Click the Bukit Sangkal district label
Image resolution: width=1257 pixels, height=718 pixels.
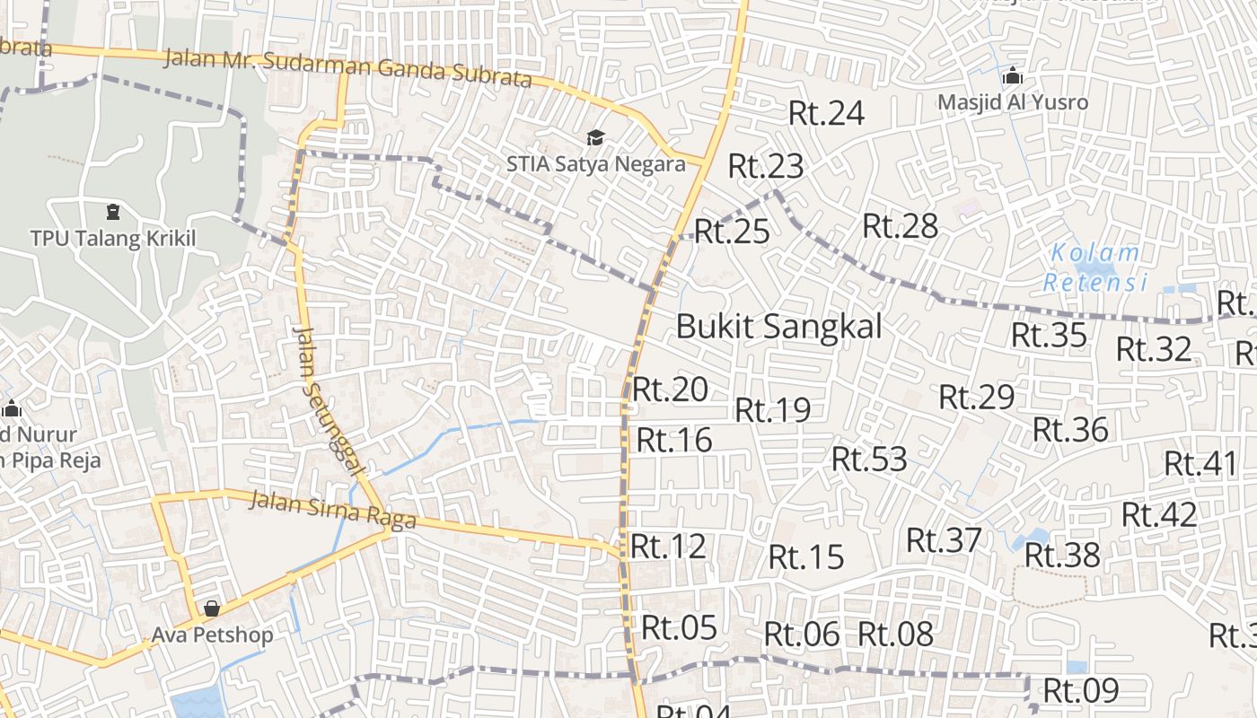[778, 326]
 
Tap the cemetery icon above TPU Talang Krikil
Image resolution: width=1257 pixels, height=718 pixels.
[112, 212]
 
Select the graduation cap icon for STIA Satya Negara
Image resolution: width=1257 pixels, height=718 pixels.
[594, 137]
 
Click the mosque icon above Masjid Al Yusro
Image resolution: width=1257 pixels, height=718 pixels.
[1013, 75]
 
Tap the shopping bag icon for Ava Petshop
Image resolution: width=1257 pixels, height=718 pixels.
[212, 609]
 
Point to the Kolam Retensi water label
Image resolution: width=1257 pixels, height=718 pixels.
[1095, 267]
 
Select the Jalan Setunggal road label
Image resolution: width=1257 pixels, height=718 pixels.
[330, 400]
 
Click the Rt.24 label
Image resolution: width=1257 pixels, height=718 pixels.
[826, 113]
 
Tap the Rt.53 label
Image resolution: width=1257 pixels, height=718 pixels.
[869, 459]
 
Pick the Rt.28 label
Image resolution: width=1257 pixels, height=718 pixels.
[900, 226]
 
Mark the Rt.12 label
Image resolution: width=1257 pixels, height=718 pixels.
[668, 546]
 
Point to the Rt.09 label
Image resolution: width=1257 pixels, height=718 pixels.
[1080, 691]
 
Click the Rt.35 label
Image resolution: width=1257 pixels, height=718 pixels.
[1049, 335]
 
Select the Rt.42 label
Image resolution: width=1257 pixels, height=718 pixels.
[1159, 515]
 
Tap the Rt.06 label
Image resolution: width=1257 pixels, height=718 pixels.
[802, 635]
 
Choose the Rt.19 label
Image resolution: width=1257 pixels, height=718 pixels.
[772, 410]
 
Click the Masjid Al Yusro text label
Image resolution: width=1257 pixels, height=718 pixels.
[1013, 102]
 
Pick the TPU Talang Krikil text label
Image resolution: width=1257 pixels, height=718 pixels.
[112, 239]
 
